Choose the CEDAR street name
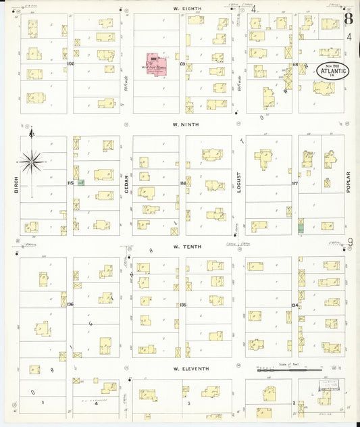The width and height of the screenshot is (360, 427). (x=126, y=183)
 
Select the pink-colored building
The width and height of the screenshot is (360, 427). (x=156, y=62)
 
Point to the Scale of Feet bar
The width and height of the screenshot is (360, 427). (x=289, y=370)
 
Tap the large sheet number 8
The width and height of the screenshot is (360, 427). (x=347, y=18)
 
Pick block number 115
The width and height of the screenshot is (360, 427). (x=70, y=183)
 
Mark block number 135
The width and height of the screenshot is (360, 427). (x=182, y=305)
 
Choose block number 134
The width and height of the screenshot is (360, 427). (x=294, y=305)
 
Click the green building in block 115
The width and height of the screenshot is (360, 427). (x=81, y=182)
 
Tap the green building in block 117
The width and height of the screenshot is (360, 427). (x=301, y=229)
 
